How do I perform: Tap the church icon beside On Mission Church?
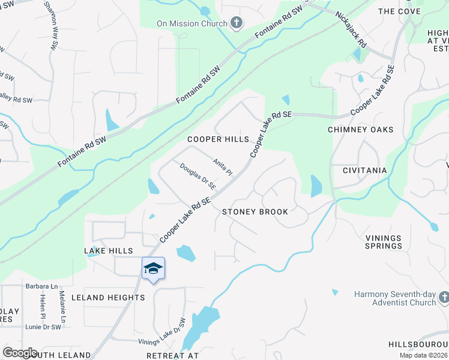click(237, 24)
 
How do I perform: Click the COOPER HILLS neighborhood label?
click(218, 139)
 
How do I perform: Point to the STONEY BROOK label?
click(255, 212)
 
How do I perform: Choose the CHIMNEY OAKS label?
click(360, 130)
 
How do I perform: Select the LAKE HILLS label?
click(109, 251)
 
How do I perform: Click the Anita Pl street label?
click(222, 167)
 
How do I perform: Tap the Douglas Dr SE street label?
click(197, 179)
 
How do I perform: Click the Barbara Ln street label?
click(41, 287)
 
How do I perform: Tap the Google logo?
click(20, 353)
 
